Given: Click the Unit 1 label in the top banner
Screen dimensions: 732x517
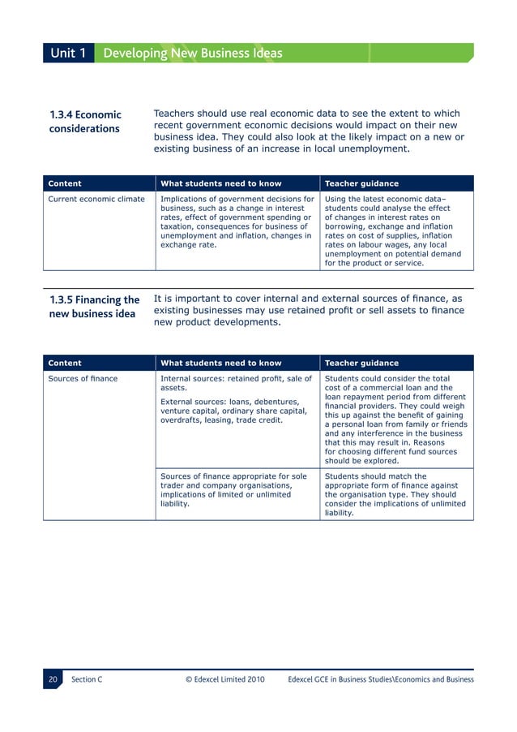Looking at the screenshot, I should (x=68, y=54).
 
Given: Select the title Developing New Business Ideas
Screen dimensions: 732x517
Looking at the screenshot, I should (x=193, y=54).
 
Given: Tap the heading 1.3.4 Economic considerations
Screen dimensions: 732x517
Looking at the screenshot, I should (x=85, y=122).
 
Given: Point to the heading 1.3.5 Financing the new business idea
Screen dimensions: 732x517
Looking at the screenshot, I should (x=94, y=307).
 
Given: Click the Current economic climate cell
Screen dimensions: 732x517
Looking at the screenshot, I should (x=96, y=199).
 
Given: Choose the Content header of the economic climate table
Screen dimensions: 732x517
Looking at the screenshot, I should (x=65, y=183).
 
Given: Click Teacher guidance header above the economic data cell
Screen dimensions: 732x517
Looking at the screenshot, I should (x=361, y=183).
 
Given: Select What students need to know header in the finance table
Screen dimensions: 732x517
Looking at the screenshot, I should (x=221, y=364).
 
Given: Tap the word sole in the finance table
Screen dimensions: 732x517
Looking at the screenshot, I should (x=300, y=477).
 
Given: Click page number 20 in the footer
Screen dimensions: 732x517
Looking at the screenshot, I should (x=53, y=679).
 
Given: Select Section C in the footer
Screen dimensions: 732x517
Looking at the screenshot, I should (x=87, y=679).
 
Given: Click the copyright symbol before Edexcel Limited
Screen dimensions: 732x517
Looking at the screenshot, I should (x=190, y=679).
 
